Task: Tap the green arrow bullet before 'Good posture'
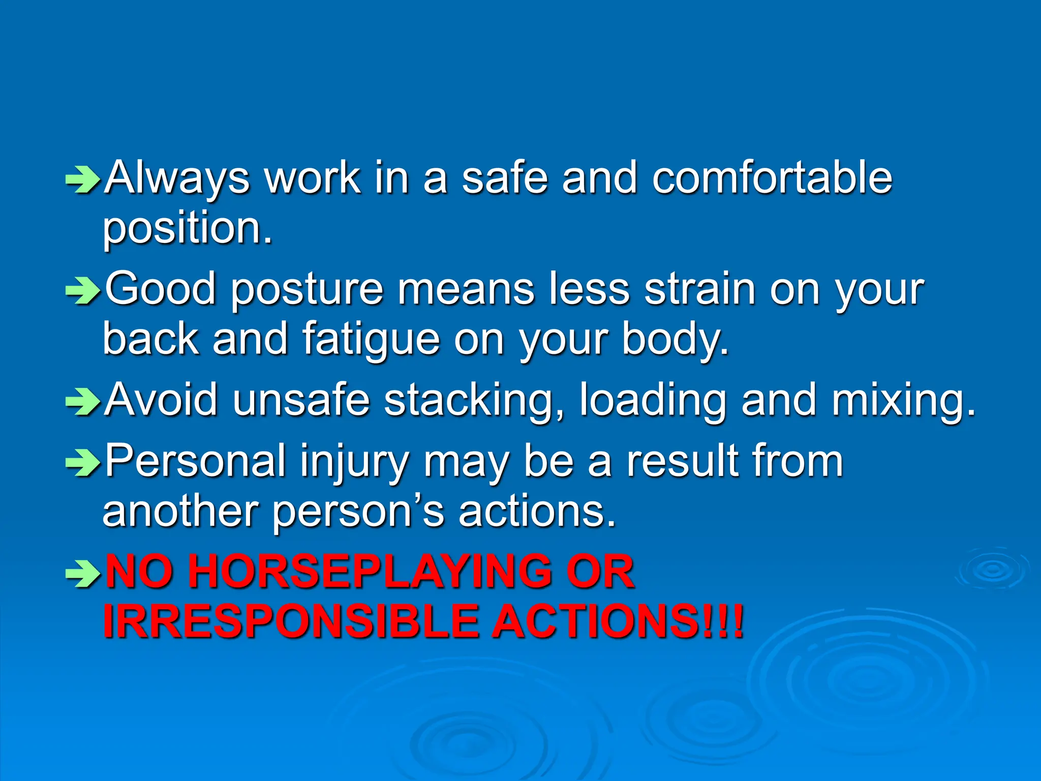pos(83,292)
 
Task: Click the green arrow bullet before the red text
pos(83,575)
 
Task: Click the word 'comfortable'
pos(772,178)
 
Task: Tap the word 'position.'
pos(188,229)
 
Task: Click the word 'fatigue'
pos(371,340)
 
